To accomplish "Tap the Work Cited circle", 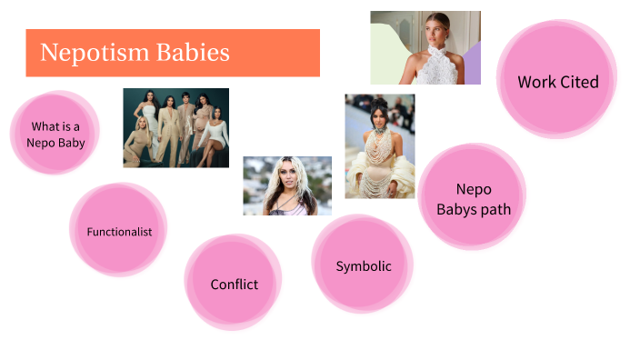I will point(557,82).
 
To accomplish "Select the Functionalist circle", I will point(119,232).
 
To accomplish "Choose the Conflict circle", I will point(234,284).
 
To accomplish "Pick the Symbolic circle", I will point(363,266).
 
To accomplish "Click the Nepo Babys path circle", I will point(473,199).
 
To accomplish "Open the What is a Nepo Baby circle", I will point(55,135).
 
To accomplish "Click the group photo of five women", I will point(175,127).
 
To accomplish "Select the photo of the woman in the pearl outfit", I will point(379,145).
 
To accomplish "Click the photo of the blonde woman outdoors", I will point(286,185).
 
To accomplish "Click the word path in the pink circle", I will point(495,209).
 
